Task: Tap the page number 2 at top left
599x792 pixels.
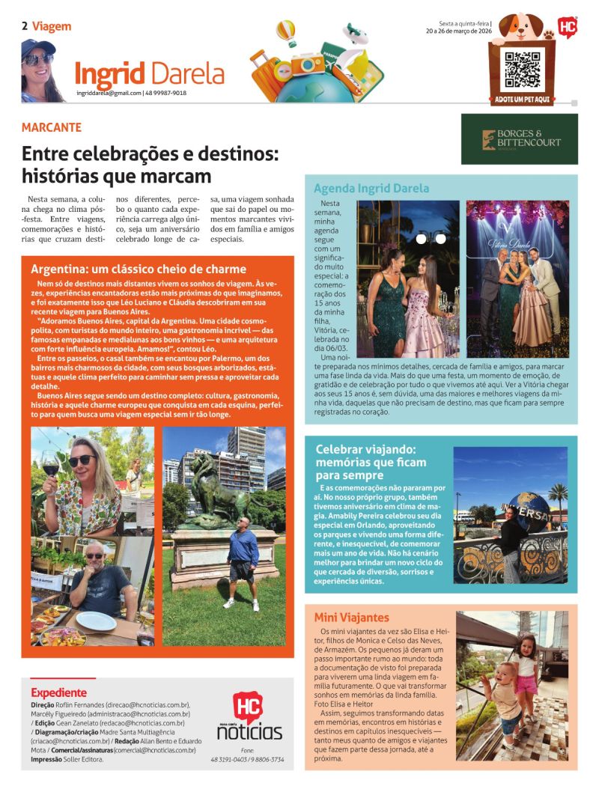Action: pos(25,26)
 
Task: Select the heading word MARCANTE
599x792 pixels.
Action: pos(52,128)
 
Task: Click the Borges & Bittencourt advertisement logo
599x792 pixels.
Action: pos(519,138)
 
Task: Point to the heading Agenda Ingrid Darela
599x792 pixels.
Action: pos(371,189)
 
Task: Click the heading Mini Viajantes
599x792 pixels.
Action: pos(351,618)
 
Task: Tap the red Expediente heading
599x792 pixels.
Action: pos(58,692)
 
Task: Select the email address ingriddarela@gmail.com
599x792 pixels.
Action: pos(109,93)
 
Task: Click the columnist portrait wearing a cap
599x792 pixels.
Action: pos(42,70)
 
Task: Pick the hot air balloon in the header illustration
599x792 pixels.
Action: pos(285,32)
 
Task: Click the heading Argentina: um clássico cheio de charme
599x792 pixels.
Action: pos(139,269)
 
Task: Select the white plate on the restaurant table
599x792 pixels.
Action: pos(96,621)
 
